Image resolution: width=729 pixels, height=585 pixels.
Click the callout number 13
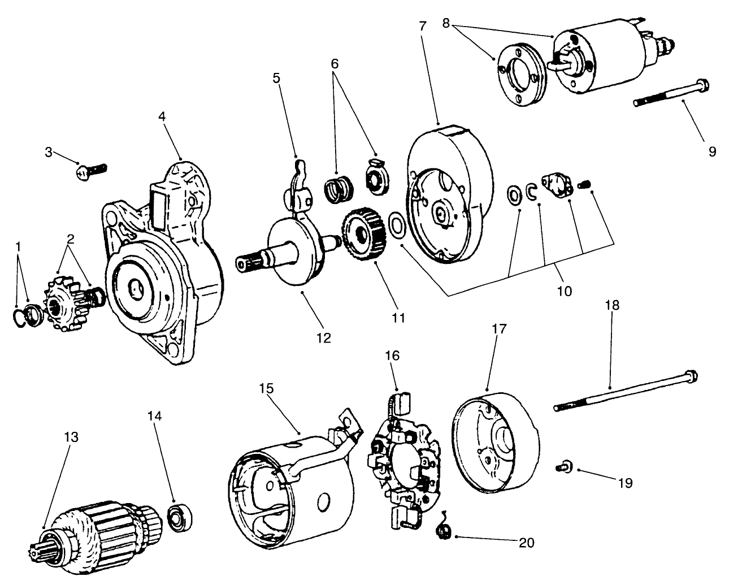[71, 437]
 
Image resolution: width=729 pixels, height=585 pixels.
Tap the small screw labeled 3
[90, 171]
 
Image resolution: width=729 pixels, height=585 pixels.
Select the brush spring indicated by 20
[444, 531]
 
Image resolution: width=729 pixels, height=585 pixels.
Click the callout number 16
[392, 356]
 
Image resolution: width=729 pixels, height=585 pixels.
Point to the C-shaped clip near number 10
[531, 192]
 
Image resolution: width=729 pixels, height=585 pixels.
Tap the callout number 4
[162, 116]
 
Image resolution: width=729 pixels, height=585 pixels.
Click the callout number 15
[266, 389]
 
